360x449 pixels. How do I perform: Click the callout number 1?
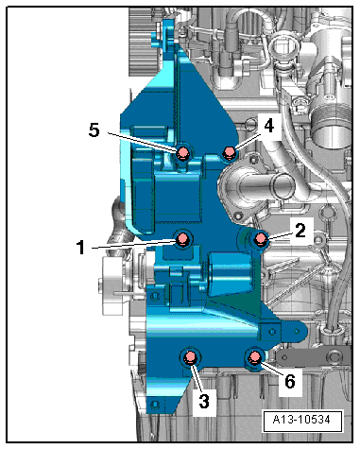coord(81,247)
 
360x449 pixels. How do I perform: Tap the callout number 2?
coord(300,231)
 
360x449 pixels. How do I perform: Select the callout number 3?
coord(204,402)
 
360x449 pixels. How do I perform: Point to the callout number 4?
coord(268,127)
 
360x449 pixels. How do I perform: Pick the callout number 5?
coord(94,130)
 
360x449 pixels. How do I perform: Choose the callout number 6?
coord(290,381)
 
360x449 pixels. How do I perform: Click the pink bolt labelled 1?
coord(182,238)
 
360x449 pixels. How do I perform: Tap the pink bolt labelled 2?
coord(261,239)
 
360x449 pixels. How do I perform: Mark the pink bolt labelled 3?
coord(190,357)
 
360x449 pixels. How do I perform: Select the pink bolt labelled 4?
coord(229,153)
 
